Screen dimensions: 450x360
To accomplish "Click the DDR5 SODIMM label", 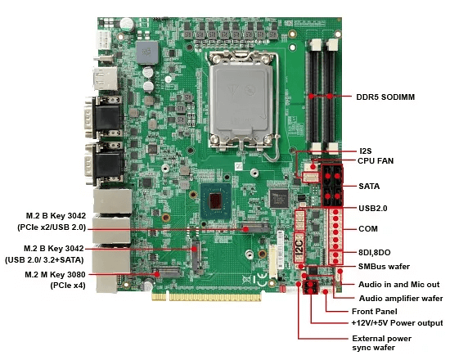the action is pyautogui.click(x=385, y=97).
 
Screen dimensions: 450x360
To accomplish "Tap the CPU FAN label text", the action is pyautogui.click(x=376, y=161).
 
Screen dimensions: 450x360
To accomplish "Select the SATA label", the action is pyautogui.click(x=369, y=187).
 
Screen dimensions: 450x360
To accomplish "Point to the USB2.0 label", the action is pyautogui.click(x=373, y=208).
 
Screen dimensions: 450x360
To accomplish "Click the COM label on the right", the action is pyautogui.click(x=368, y=229).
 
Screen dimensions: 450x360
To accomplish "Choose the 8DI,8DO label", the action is pyautogui.click(x=374, y=253).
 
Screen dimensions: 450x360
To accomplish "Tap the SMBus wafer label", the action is pyautogui.click(x=384, y=267).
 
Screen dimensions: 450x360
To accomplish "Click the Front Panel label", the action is pyautogui.click(x=375, y=312).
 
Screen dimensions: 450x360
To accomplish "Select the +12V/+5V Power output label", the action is pyautogui.click(x=397, y=323).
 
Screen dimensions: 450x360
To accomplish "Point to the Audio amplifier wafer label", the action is pyautogui.click(x=401, y=299).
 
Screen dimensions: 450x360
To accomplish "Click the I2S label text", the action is pyautogui.click(x=366, y=151).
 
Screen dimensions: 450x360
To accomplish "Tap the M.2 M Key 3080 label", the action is pyautogui.click(x=55, y=275).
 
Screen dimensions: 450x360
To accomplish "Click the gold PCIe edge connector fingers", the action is pyautogui.click(x=207, y=296).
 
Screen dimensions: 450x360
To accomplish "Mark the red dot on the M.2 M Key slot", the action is pyautogui.click(x=157, y=274).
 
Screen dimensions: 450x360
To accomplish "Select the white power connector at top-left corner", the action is pyautogui.click(x=104, y=39).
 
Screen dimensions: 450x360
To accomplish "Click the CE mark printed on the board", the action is pyautogui.click(x=262, y=280).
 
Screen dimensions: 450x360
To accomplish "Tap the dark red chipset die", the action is pyautogui.click(x=215, y=200).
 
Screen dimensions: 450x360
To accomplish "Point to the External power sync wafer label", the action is pyautogui.click(x=382, y=343).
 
